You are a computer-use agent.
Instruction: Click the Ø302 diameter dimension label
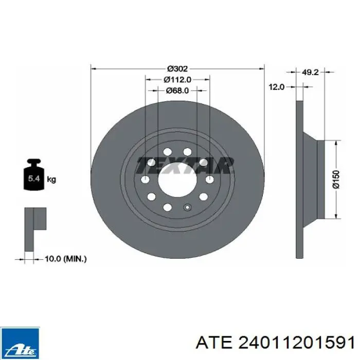(x=177, y=68)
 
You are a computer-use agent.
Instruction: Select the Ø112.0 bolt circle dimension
(x=177, y=79)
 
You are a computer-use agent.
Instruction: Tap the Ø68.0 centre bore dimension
(x=177, y=91)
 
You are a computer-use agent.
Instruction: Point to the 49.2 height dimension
(x=310, y=72)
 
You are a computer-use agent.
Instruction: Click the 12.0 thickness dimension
(x=277, y=87)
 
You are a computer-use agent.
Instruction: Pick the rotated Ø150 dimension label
(x=336, y=179)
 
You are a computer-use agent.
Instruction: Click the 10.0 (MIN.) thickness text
(x=66, y=259)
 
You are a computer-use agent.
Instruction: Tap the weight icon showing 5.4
(x=34, y=174)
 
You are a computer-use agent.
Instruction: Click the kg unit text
(x=51, y=179)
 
